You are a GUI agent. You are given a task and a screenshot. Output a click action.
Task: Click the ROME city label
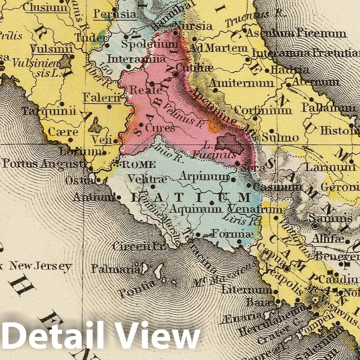click(138, 165)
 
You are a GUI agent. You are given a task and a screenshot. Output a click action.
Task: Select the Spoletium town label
click(150, 45)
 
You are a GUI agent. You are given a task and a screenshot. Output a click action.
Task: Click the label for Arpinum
click(204, 176)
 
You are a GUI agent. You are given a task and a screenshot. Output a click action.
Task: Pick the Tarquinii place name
click(49, 112)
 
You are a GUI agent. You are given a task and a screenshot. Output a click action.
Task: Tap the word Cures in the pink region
click(160, 128)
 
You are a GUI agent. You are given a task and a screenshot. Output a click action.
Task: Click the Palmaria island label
click(116, 269)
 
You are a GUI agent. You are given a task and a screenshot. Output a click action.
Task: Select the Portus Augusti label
click(44, 163)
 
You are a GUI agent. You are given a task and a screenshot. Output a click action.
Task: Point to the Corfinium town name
click(263, 110)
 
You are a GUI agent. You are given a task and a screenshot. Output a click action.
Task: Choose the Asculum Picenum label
click(296, 33)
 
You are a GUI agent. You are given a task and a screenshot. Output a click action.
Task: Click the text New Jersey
click(40, 266)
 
